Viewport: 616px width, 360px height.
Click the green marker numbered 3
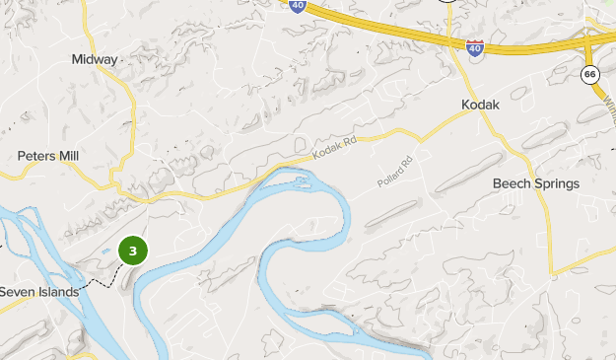pyautogui.click(x=133, y=252)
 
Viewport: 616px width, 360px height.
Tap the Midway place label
pyautogui.click(x=95, y=59)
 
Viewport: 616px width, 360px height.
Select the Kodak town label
pyautogui.click(x=482, y=104)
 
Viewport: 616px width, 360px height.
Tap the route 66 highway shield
pyautogui.click(x=590, y=75)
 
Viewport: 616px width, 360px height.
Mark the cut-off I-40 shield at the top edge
pyautogui.click(x=298, y=5)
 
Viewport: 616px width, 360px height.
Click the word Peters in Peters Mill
pyautogui.click(x=35, y=156)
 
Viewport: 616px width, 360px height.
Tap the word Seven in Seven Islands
pyautogui.click(x=17, y=291)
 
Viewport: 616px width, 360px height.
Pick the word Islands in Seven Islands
pyautogui.click(x=57, y=291)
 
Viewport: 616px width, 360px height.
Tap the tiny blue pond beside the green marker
pyautogui.click(x=108, y=263)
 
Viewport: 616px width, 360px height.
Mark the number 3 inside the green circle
pyautogui.click(x=133, y=252)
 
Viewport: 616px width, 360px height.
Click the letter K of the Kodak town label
pyautogui.click(x=465, y=104)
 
